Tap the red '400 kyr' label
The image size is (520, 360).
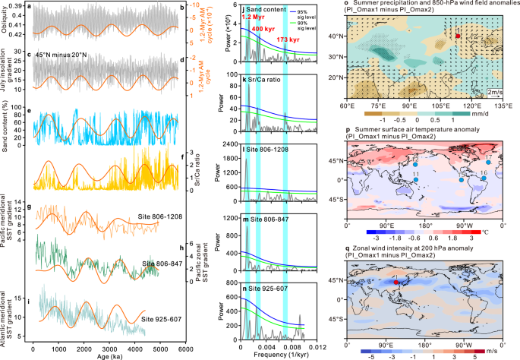tap(264, 28)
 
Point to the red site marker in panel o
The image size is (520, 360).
tap(458, 36)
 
